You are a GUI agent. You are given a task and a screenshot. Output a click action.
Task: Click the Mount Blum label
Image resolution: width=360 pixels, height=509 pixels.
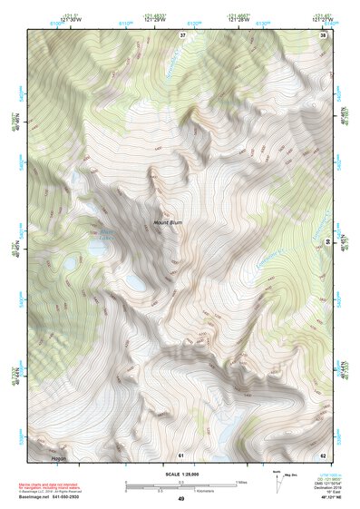pyautogui.click(x=168, y=222)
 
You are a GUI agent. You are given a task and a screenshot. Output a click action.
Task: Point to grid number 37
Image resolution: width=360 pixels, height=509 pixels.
pyautogui.click(x=182, y=35)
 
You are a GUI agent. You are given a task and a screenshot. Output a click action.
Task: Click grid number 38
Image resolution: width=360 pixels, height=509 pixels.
pyautogui.click(x=324, y=35)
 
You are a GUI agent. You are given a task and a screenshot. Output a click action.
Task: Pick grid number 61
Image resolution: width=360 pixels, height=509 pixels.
pyautogui.click(x=180, y=454)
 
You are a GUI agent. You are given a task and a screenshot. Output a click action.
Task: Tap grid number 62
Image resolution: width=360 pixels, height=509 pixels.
pyautogui.click(x=323, y=454)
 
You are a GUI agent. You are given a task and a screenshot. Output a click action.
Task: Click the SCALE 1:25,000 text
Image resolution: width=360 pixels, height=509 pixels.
pyautogui.click(x=180, y=475)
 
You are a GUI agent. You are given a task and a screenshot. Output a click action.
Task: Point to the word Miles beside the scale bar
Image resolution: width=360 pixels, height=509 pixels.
pyautogui.click(x=241, y=481)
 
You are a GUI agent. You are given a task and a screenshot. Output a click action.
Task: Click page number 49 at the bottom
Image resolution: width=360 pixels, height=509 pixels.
pyautogui.click(x=180, y=499)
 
